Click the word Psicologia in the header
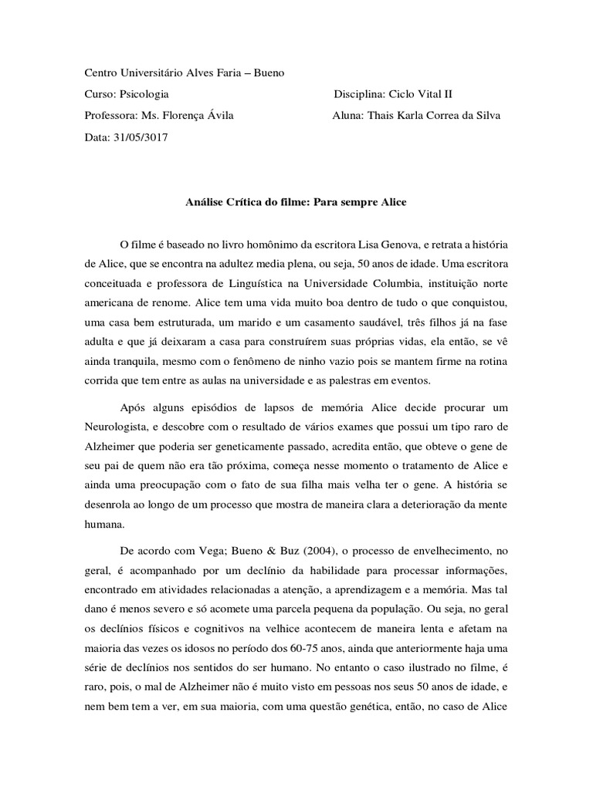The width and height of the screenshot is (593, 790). (x=144, y=94)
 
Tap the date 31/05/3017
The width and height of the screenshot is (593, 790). (x=141, y=137)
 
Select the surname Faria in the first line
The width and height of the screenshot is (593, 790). (x=239, y=73)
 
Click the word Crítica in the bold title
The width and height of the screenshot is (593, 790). (x=244, y=202)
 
